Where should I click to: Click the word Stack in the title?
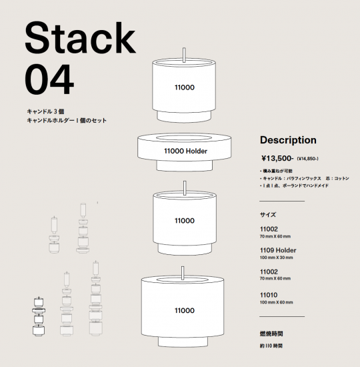[80, 38]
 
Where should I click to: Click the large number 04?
[49, 79]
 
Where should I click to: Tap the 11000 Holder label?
[185, 151]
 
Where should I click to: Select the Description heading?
[288, 140]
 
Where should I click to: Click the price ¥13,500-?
[277, 158]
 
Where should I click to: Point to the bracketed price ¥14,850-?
[307, 159]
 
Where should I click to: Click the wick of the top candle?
[184, 55]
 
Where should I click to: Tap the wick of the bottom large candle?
[183, 273]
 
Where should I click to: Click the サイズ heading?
[268, 215]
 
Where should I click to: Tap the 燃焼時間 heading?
[271, 334]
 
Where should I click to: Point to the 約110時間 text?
[271, 346]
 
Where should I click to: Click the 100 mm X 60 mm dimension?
[276, 302]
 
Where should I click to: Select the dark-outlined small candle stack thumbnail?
[39, 316]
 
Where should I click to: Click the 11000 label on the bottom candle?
[184, 310]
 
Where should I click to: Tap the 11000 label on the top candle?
[184, 87]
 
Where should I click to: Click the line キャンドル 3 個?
[45, 111]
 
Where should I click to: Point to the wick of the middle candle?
[185, 188]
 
